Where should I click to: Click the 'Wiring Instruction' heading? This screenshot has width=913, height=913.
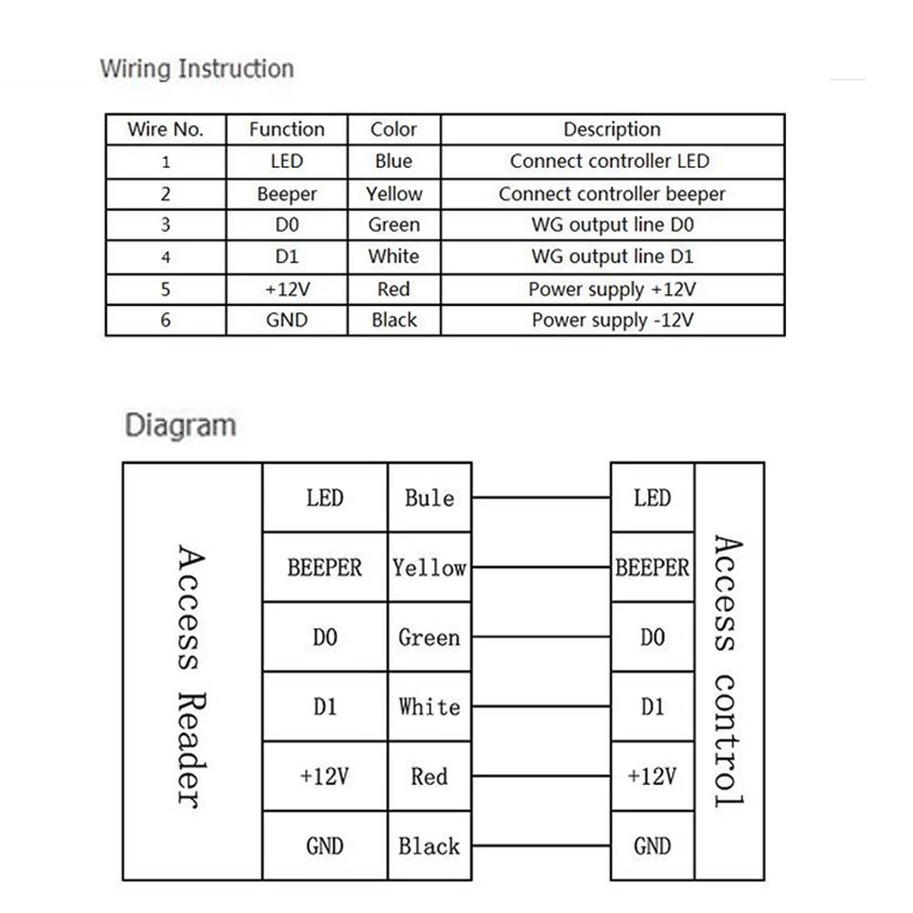196,68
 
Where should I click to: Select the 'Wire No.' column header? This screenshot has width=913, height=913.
165,130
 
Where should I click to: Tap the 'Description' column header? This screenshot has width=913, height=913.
611,130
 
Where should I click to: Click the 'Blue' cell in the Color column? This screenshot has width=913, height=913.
394,162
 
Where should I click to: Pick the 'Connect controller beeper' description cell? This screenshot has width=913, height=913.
611,194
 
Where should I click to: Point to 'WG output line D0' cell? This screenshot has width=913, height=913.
611,226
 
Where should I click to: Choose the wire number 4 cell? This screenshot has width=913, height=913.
165,257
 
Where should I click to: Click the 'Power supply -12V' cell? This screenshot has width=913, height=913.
611,320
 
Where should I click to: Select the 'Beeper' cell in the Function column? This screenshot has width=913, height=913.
287,194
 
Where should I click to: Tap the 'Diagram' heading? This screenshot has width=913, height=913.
180,425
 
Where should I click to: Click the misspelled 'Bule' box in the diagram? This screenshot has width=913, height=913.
429,498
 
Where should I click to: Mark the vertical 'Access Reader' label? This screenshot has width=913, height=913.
190,676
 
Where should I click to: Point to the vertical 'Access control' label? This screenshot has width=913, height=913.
727,671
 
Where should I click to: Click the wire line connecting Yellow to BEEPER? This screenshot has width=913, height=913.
541,567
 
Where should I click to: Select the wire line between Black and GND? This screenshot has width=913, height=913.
541,846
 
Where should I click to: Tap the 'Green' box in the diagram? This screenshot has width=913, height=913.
429,637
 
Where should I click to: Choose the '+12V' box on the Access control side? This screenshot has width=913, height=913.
652,777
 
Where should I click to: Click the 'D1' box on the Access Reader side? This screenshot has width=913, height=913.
325,707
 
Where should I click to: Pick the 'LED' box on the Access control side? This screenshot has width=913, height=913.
652,498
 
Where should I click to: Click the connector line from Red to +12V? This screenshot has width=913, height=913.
541,777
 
